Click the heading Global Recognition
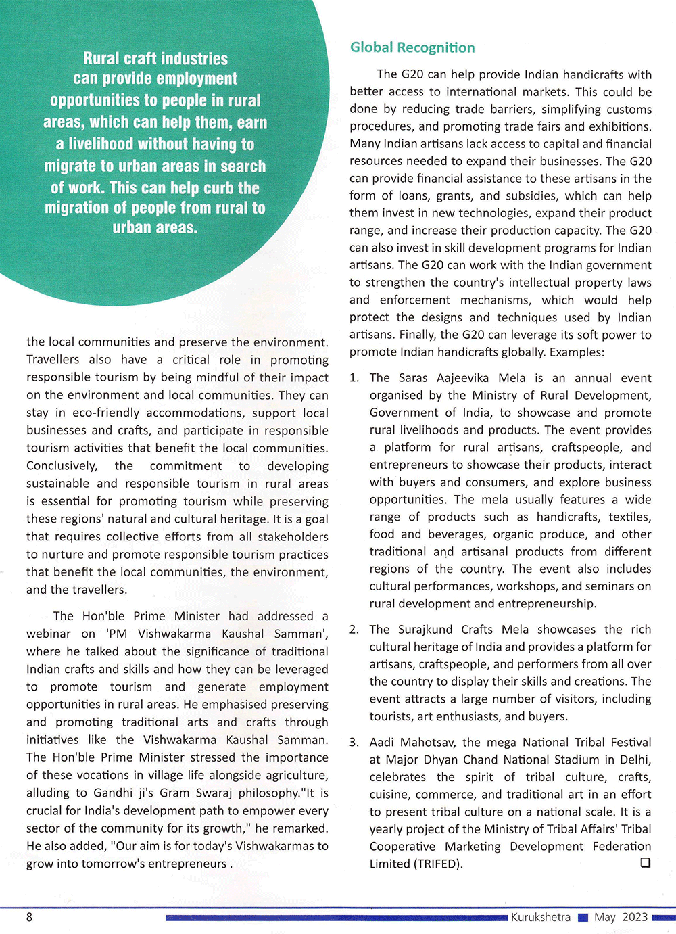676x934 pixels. (412, 47)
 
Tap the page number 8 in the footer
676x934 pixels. (29, 917)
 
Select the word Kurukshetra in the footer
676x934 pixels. (540, 917)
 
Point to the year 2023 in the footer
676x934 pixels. (635, 917)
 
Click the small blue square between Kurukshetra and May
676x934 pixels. (583, 918)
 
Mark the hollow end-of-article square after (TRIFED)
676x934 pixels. (645, 863)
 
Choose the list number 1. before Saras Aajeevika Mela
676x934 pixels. (354, 378)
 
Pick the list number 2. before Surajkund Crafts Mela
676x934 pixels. (354, 630)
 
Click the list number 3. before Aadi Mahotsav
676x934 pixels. (354, 743)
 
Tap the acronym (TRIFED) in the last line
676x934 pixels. (438, 864)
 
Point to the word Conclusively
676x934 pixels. (62, 466)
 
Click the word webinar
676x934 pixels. (48, 634)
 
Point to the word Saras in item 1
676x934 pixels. (413, 378)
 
